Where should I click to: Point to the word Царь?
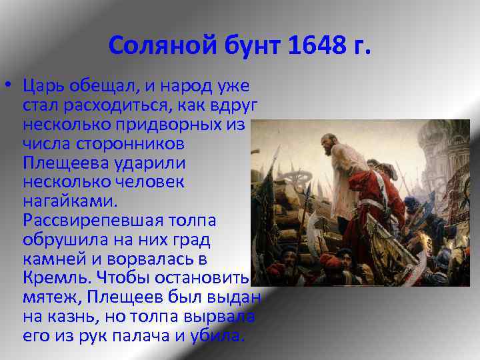[44, 86]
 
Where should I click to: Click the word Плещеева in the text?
[58, 163]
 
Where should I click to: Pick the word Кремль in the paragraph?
[51, 277]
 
